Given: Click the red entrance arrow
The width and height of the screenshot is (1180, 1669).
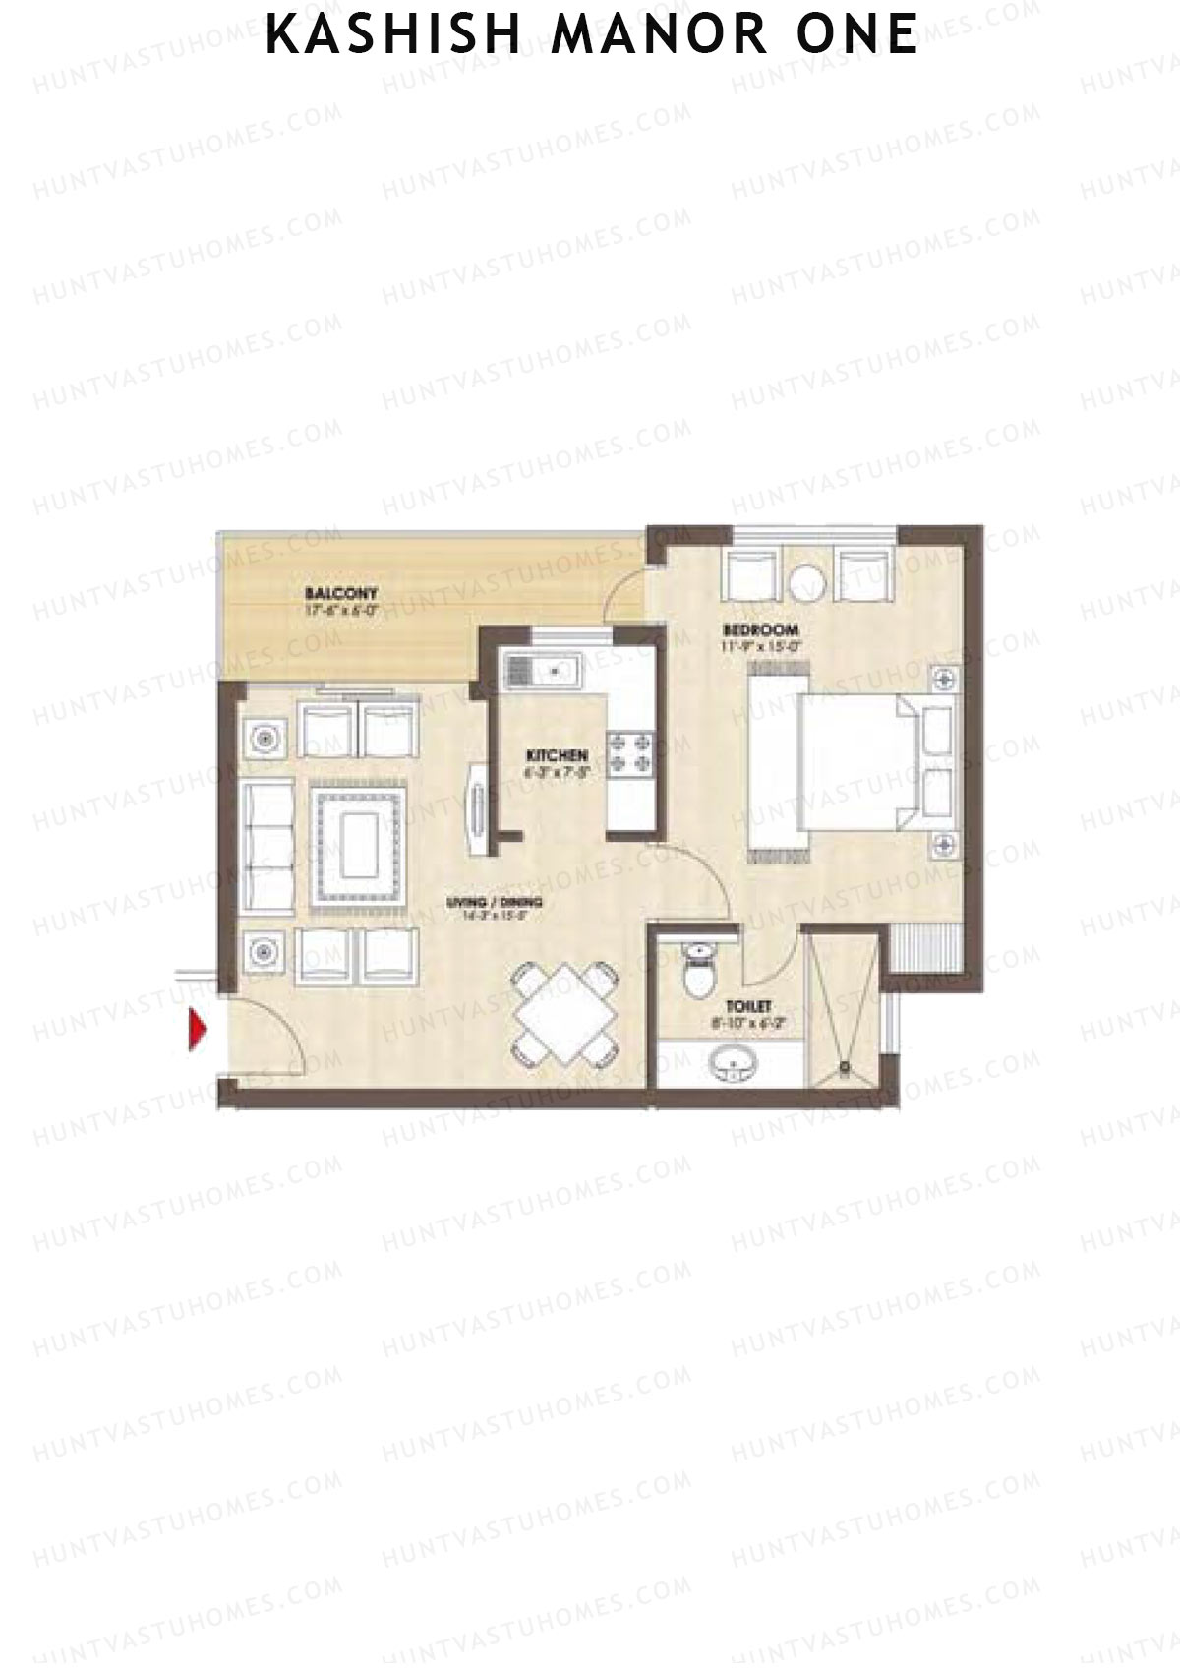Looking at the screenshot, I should point(198,1030).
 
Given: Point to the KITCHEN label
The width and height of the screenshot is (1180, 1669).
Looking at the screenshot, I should point(557,754).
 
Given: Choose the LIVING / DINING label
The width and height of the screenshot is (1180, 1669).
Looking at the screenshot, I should point(494,902).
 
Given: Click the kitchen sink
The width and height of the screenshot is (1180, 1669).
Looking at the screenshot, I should point(542,672).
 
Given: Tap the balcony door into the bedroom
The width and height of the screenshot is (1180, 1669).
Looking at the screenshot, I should point(624,595).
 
